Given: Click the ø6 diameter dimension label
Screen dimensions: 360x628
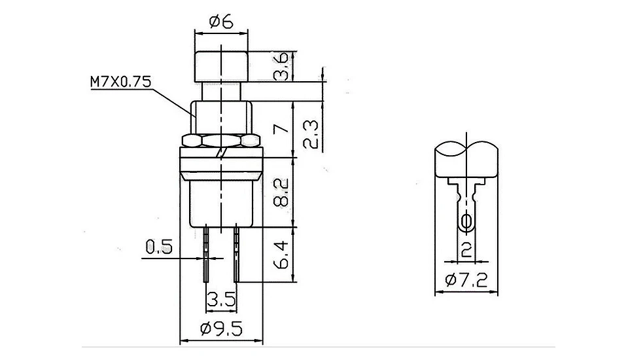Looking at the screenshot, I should tap(222, 22).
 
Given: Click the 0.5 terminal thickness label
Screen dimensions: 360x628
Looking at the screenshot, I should tap(158, 247).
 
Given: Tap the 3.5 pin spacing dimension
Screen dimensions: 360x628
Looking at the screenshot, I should tap(221, 300).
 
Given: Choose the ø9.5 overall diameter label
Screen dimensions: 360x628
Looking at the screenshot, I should tap(222, 329).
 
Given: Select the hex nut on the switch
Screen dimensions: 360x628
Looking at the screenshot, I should tap(222, 141).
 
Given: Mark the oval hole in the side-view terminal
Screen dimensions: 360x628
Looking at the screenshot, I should tap(466, 222).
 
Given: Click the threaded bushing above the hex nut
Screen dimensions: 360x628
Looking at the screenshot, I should tap(222, 117).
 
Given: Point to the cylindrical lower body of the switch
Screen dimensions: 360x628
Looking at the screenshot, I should tap(222, 203).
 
